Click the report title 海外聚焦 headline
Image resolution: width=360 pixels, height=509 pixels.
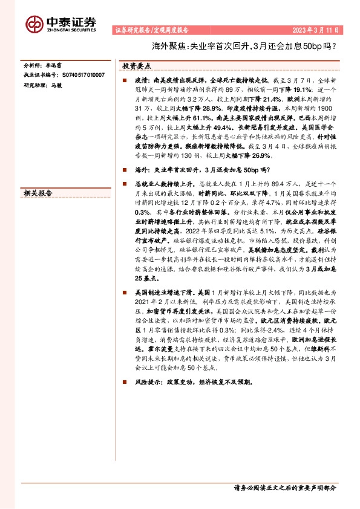pos(252,45)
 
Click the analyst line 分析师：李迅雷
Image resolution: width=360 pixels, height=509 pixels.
pos(40,65)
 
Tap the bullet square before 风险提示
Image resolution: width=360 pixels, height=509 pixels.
pos(123,382)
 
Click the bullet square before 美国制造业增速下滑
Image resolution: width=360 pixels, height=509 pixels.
pos(123,293)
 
